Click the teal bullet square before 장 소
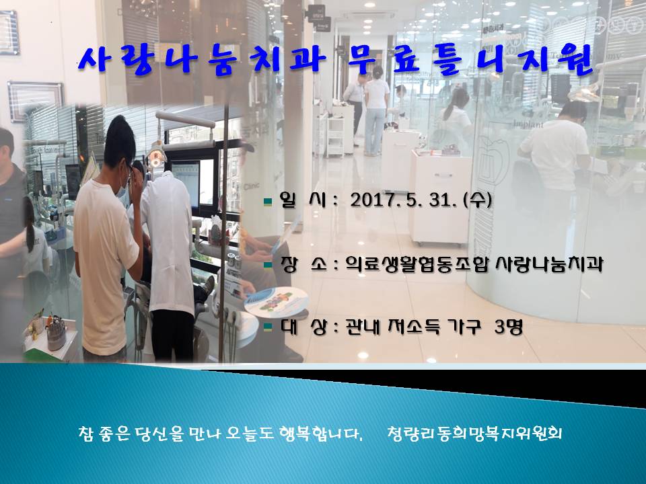point(268,265)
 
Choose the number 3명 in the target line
point(509,327)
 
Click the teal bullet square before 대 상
point(268,327)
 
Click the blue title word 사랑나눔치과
point(202,61)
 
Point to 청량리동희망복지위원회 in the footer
point(474,434)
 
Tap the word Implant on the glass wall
point(529,124)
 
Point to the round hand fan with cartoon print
point(277,302)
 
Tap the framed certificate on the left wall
point(35,101)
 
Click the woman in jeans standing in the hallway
point(375,111)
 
